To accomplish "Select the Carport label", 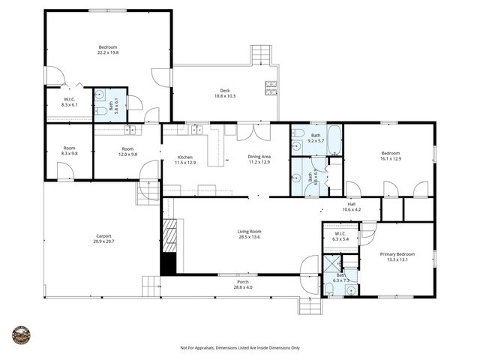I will (x=103, y=236).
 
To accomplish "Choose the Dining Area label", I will (x=259, y=156).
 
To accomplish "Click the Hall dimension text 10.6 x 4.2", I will (x=352, y=209).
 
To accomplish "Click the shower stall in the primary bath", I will (x=331, y=264).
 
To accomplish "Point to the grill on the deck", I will (x=270, y=88).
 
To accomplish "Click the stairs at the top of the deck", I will (x=260, y=55).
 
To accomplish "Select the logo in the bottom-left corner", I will (x=22, y=334).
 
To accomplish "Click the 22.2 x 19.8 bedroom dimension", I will (x=108, y=52).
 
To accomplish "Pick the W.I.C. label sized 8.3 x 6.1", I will (x=69, y=100).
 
